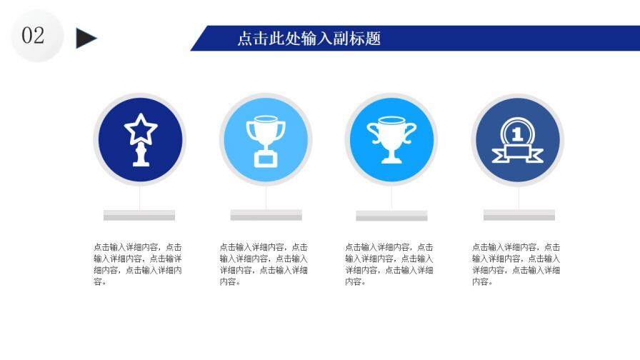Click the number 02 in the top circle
pos(34,36)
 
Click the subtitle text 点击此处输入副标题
pos(309,39)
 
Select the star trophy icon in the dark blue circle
pos(140,139)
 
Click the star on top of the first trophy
pos(140,129)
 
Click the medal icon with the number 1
pos(517,140)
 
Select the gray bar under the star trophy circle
pos(139,215)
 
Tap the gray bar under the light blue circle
pos(266,215)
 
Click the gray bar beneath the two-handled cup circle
pos(391,215)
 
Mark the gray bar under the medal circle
pos(519,215)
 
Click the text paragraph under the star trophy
pos(138,264)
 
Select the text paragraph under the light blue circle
pos(264,264)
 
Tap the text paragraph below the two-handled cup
pos(389,264)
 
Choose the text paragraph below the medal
pos(516,264)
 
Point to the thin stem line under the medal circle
pos(519,198)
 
